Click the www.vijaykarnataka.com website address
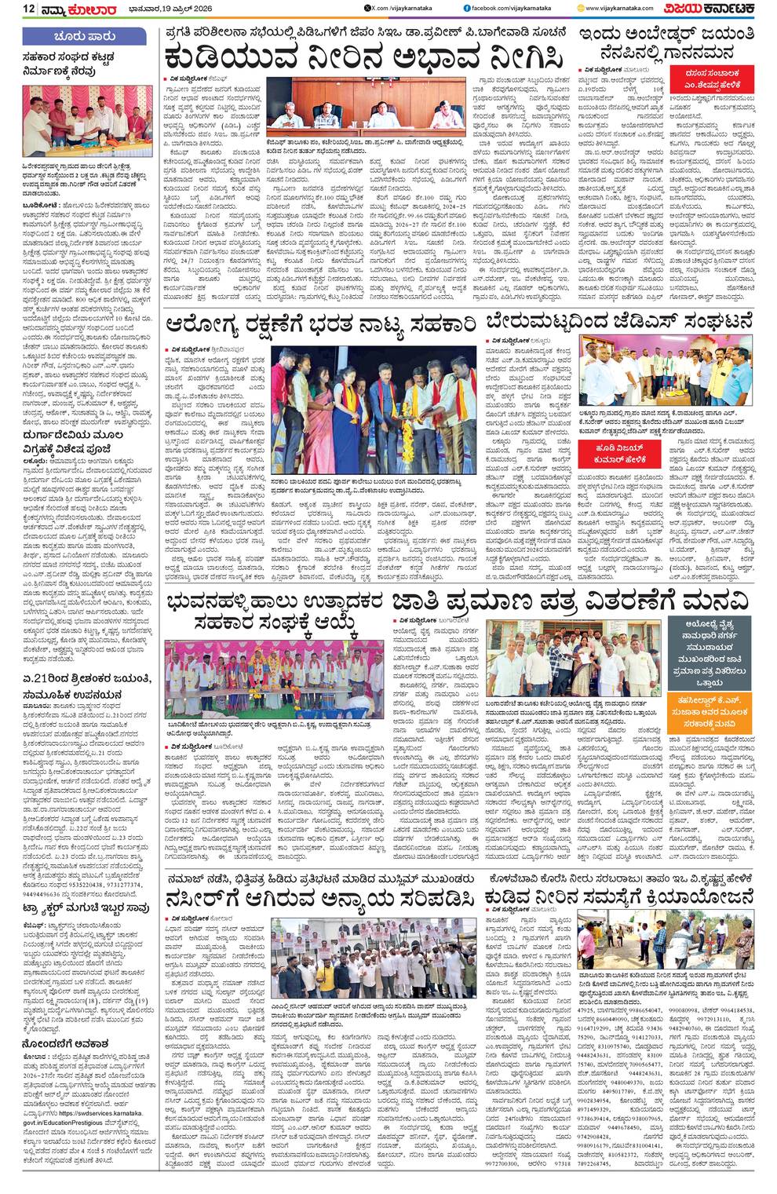(x=628, y=8)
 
